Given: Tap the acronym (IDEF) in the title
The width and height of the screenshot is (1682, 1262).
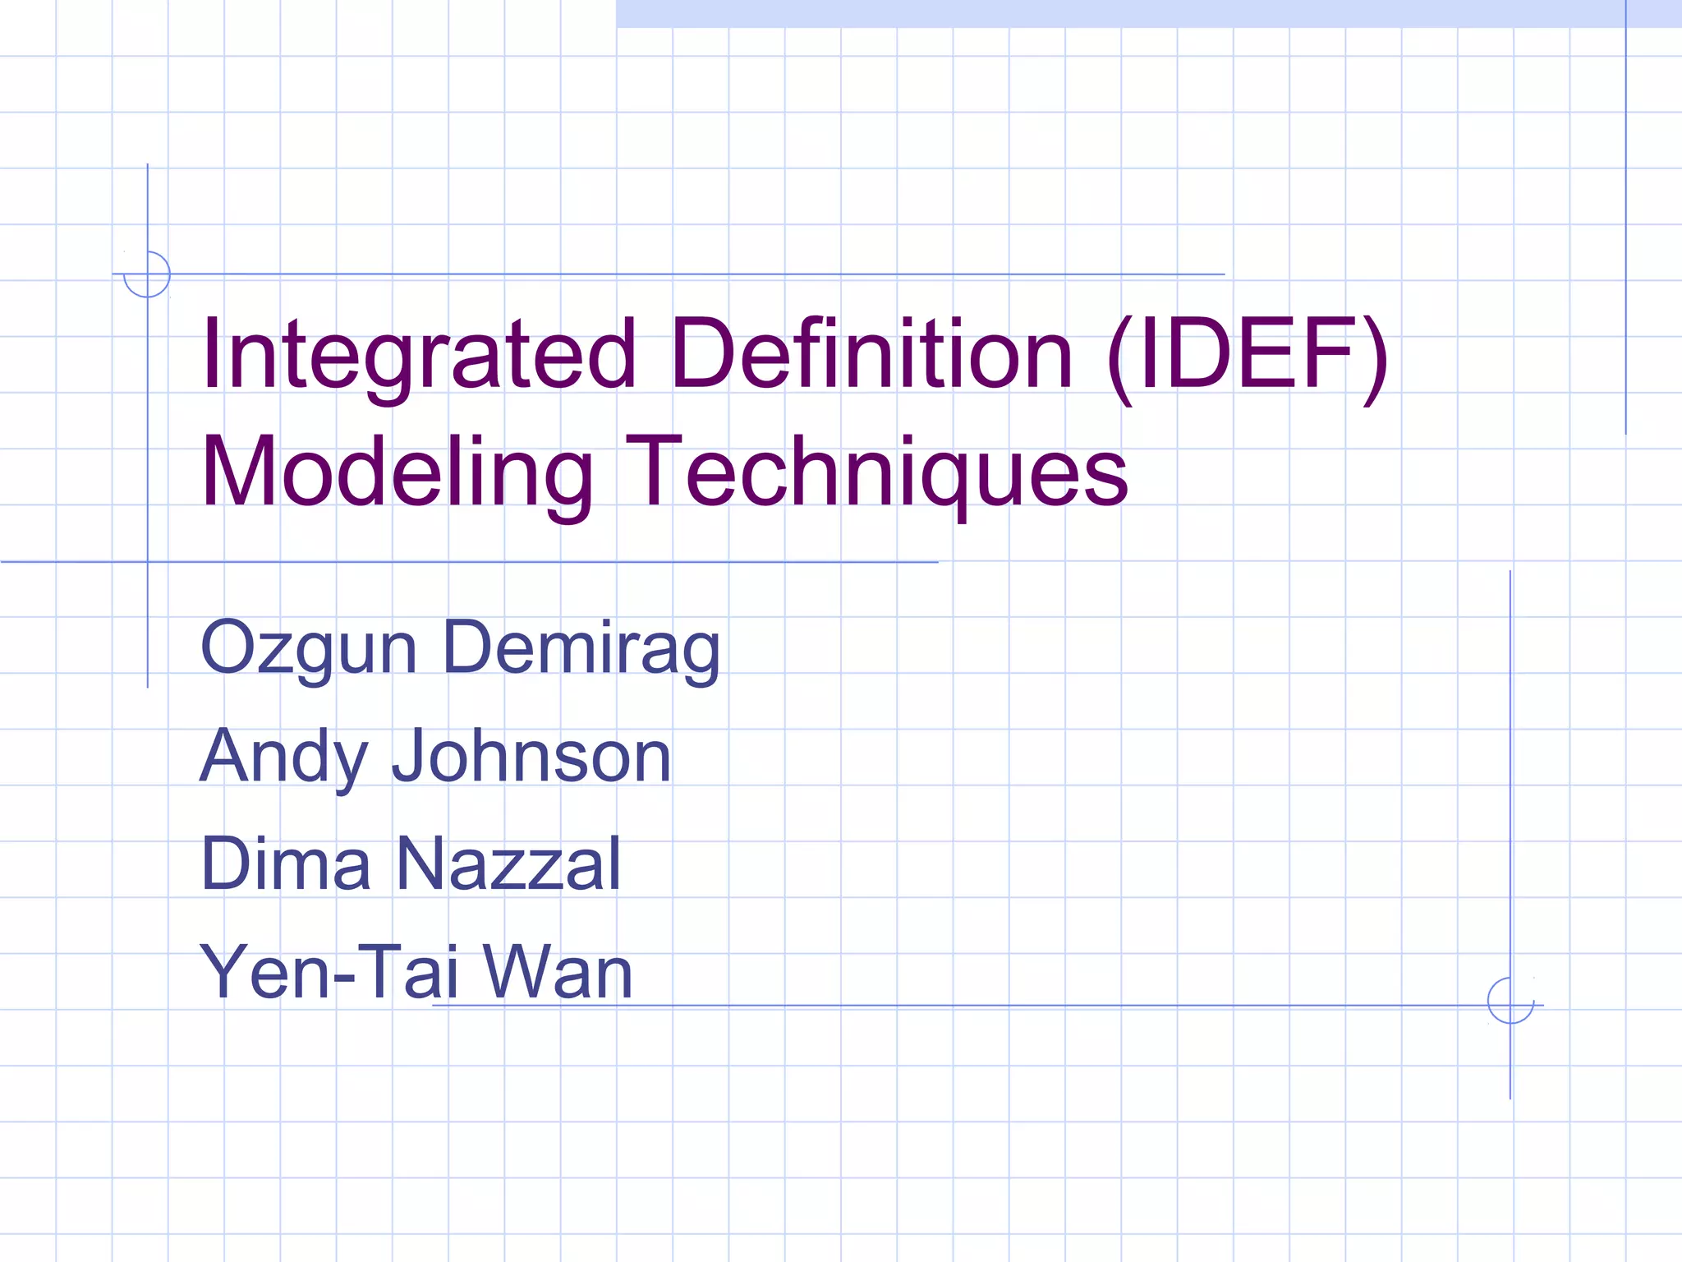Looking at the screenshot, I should click(x=1248, y=355).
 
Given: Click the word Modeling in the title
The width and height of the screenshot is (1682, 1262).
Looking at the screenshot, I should click(x=398, y=473).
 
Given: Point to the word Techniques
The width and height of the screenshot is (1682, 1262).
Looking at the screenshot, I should click(x=876, y=473).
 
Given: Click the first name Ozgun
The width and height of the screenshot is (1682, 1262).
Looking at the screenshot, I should click(x=309, y=649).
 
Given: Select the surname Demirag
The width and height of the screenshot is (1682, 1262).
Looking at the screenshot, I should click(x=581, y=649).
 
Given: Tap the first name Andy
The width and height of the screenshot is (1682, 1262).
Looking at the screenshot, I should click(x=283, y=757).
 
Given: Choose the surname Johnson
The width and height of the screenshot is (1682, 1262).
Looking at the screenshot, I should click(x=531, y=757).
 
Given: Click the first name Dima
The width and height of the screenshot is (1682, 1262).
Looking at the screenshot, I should click(x=286, y=864).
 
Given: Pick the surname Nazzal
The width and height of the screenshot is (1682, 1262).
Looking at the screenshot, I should click(x=509, y=864).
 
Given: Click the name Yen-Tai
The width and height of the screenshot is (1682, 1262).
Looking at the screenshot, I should click(x=329, y=972).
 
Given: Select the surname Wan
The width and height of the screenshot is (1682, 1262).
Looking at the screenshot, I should click(x=558, y=972).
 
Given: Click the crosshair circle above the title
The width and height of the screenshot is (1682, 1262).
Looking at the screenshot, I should click(x=147, y=274).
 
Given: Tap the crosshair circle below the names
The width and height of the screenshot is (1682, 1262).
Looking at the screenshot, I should click(x=1510, y=1001).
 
